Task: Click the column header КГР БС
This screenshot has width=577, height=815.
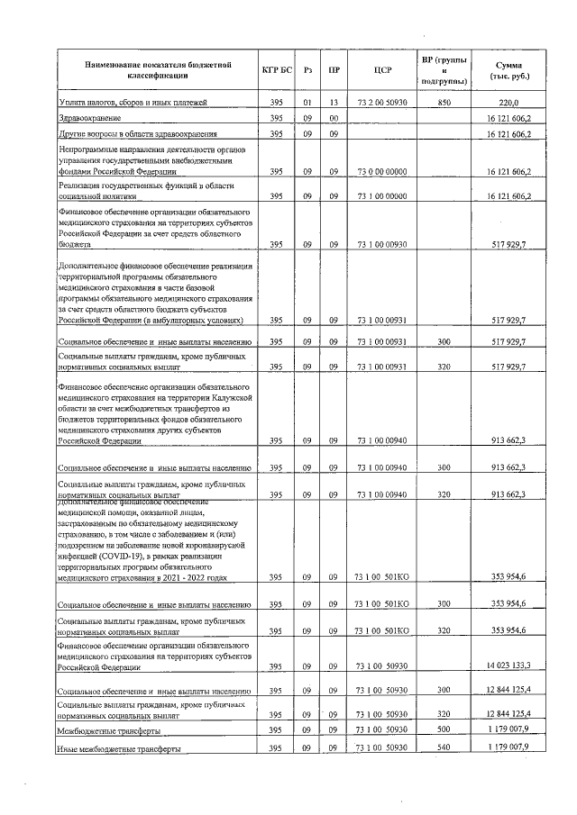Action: (x=276, y=69)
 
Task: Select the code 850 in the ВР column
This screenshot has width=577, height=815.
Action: (x=444, y=104)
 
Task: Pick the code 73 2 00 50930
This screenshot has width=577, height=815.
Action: (x=381, y=104)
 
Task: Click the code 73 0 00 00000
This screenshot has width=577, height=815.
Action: (x=381, y=170)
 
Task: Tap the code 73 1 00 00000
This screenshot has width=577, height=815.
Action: (x=381, y=195)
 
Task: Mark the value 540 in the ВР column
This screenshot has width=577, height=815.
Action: (x=444, y=748)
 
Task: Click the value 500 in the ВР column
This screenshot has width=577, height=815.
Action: (x=444, y=730)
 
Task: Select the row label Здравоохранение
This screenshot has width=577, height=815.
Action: (x=89, y=119)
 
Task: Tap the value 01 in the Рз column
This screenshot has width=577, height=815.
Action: (x=307, y=104)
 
